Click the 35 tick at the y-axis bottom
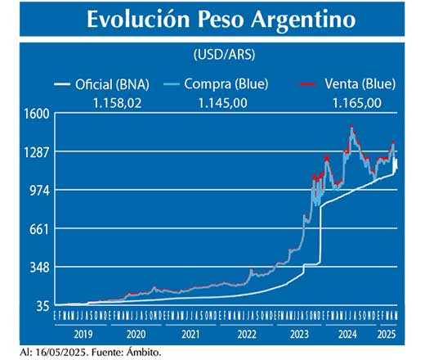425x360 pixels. coord(42,305)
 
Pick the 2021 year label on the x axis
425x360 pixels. coord(190,334)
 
